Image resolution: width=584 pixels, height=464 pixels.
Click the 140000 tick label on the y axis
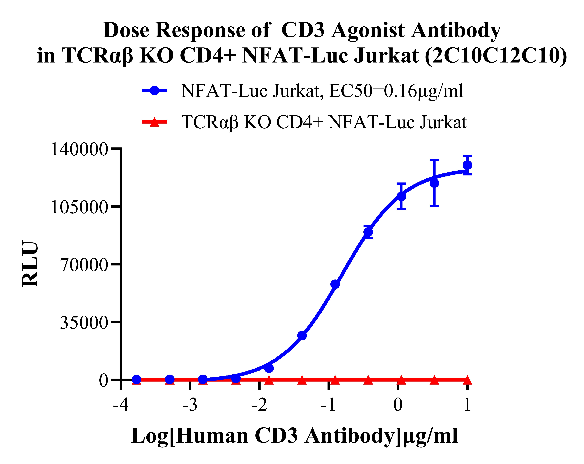tap(79, 149)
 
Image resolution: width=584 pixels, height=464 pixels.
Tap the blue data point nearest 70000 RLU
tap(335, 284)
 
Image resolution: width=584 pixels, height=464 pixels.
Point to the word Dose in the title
tap(126, 30)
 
